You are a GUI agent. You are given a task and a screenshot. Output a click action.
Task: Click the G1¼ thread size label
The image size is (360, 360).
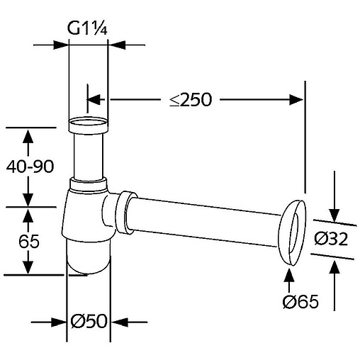[87, 28]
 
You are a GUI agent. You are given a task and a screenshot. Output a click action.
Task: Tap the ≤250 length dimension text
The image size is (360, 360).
[191, 99]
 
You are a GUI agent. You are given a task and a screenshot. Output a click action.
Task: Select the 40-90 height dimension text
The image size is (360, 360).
[30, 167]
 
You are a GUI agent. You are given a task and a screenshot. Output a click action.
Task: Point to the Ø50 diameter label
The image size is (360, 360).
[89, 321]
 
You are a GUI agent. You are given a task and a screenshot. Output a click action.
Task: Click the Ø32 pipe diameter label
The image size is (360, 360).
[331, 239]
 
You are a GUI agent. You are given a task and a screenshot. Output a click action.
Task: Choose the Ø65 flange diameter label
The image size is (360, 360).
[300, 302]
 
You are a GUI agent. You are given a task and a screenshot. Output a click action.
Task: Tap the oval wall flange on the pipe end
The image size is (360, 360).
[293, 232]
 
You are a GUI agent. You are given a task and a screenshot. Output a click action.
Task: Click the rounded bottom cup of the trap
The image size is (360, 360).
[88, 257]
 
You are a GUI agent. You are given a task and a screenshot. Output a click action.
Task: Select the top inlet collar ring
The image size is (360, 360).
[89, 125]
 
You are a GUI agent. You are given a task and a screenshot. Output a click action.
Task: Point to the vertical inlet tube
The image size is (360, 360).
[89, 157]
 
